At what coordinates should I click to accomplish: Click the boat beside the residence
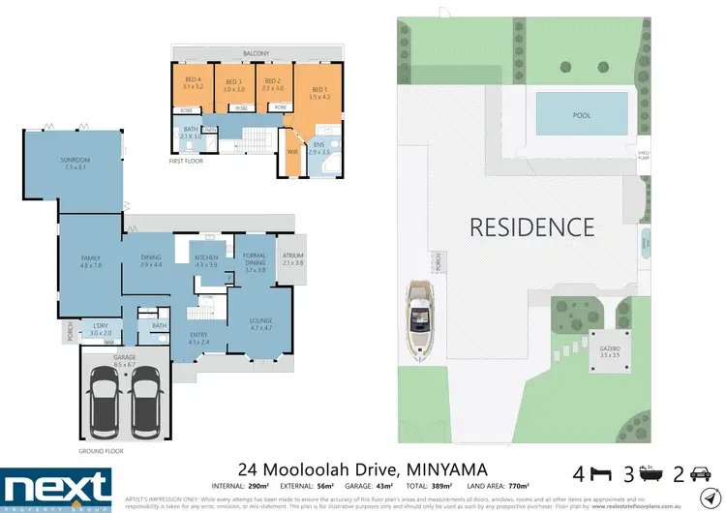coord(419,319)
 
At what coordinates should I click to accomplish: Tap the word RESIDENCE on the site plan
coord(531,227)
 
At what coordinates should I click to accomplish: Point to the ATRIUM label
coord(292,258)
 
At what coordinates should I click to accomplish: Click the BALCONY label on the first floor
coord(256,53)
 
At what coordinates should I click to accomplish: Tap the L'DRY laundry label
coord(102,327)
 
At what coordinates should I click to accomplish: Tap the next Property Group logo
coord(56,487)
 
